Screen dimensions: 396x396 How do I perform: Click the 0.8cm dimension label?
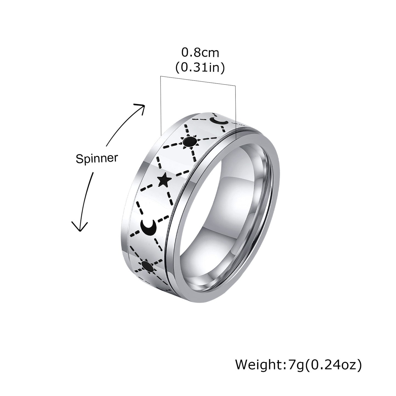tap(201, 53)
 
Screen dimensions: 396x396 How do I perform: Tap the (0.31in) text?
tap(200, 67)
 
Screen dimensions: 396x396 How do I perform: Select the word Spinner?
tap(97, 159)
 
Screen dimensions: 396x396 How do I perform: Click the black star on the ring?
tap(165, 180)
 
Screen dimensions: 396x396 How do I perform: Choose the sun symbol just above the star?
tap(189, 142)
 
